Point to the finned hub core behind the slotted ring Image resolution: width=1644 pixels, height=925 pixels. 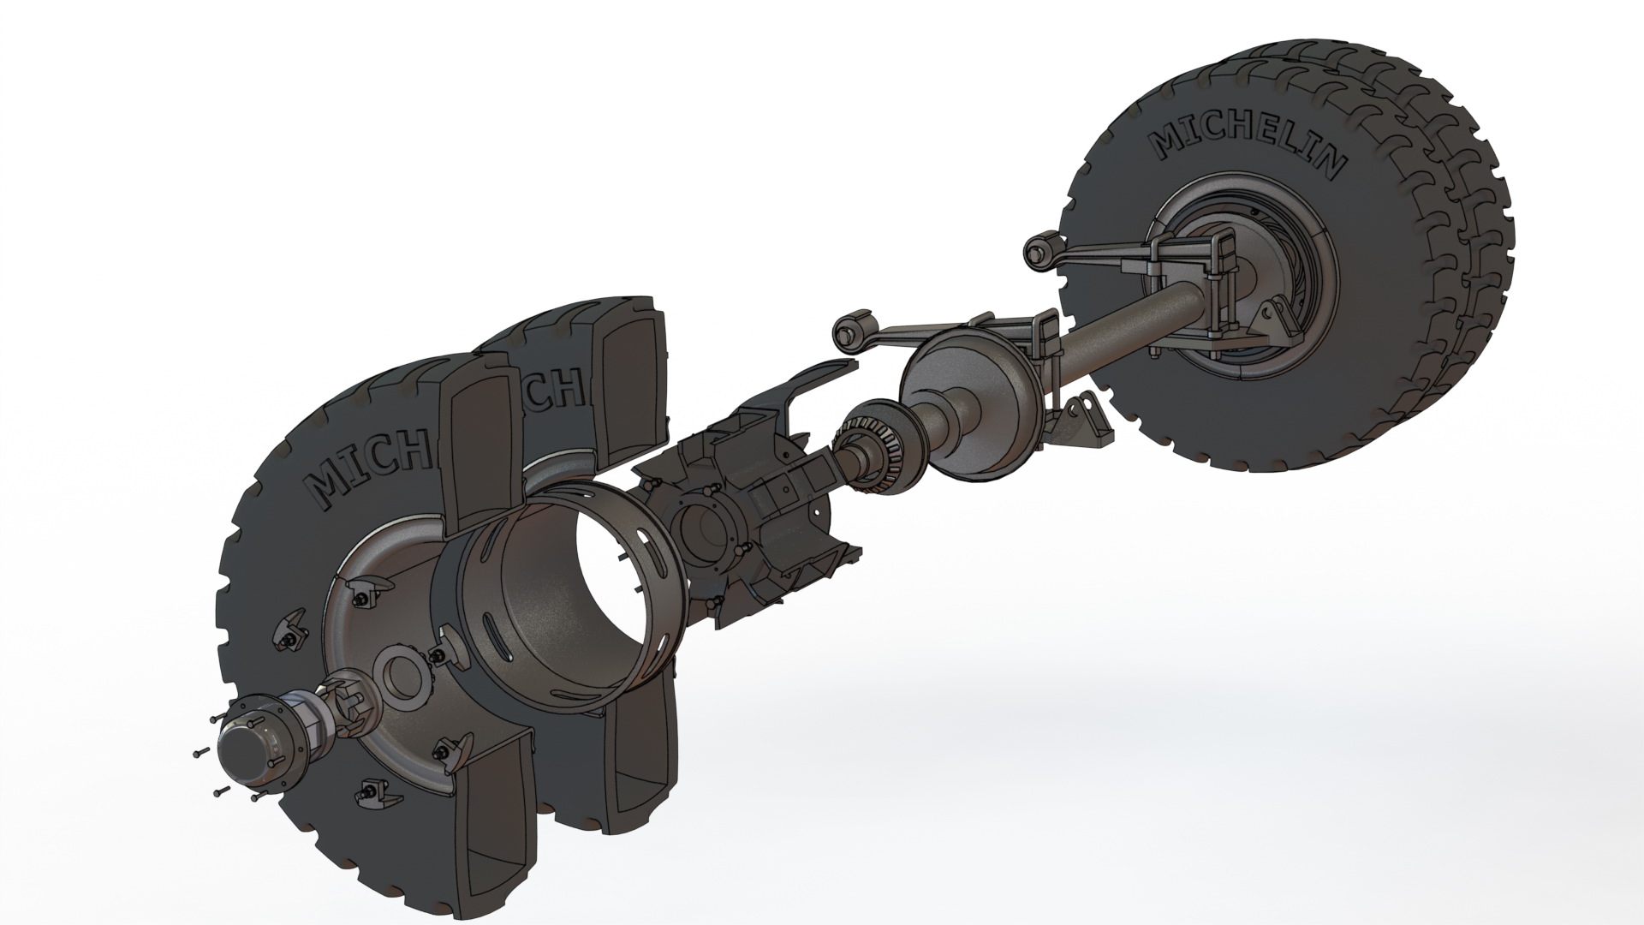pos(753,514)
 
